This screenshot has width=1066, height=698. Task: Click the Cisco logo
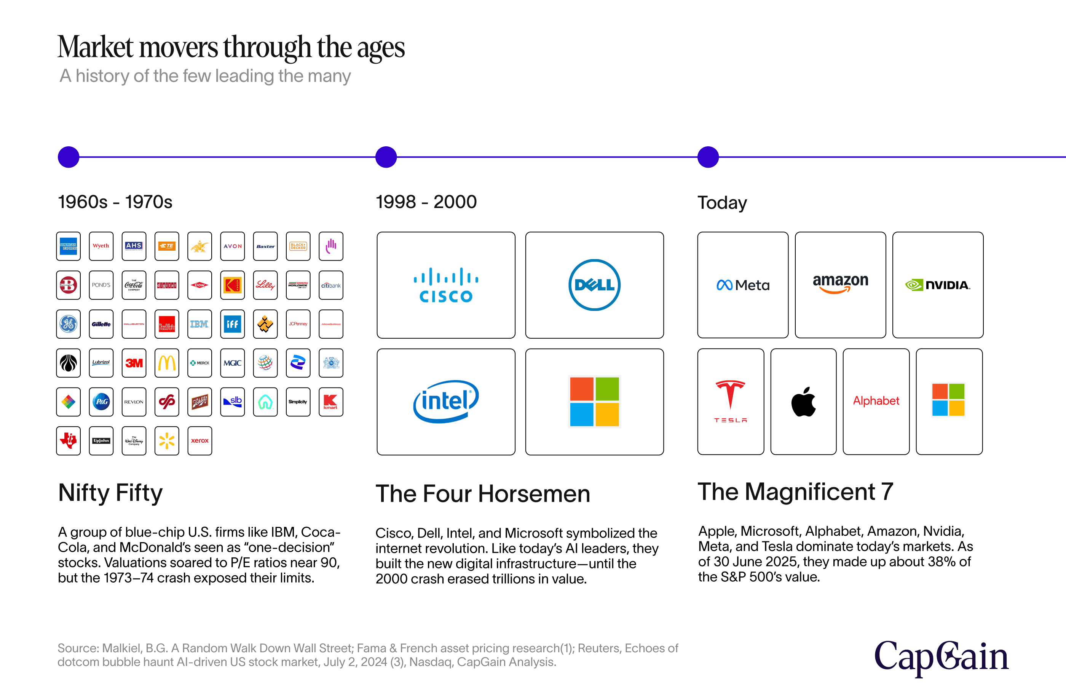[446, 285]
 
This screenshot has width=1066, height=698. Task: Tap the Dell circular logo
[594, 285]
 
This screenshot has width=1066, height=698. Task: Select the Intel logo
[446, 401]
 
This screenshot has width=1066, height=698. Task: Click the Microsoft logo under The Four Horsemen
[594, 401]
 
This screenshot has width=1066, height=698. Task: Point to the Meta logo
[743, 285]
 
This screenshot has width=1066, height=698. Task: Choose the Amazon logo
[840, 283]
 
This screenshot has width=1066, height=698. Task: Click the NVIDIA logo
[937, 285]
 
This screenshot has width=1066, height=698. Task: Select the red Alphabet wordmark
[876, 401]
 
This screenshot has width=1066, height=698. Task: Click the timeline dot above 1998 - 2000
[386, 157]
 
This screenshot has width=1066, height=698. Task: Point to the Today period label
[722, 203]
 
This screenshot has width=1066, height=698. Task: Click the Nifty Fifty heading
[110, 493]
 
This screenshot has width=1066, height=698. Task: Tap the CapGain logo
[941, 657]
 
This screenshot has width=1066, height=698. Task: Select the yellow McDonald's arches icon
[167, 363]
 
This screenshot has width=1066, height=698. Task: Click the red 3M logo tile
[134, 363]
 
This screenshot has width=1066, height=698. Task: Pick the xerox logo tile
[199, 441]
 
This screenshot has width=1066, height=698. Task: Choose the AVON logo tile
[233, 246]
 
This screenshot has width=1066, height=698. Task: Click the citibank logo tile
[330, 285]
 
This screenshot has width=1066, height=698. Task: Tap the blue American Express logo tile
[69, 246]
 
